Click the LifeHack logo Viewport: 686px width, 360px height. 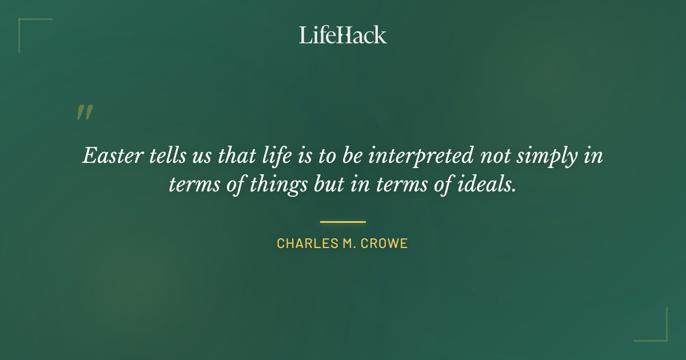tap(342, 35)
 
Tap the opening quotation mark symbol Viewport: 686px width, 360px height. tap(85, 113)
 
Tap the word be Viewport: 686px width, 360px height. tap(352, 155)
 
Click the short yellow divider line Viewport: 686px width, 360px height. tap(342, 222)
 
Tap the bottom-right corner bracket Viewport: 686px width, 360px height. tap(657, 331)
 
